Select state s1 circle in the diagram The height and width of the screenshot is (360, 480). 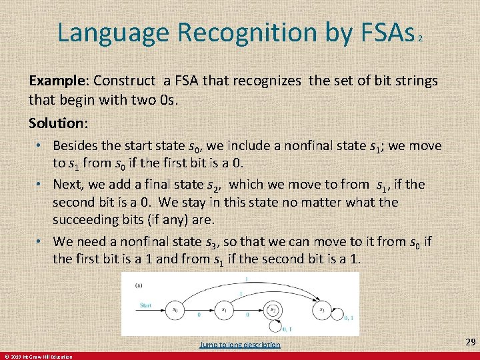pyautogui.click(x=224, y=309)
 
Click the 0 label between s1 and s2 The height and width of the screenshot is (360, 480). pyautogui.click(x=247, y=313)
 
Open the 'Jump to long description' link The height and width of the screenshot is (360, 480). pyautogui.click(x=240, y=345)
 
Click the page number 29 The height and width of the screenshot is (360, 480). pyautogui.click(x=470, y=342)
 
